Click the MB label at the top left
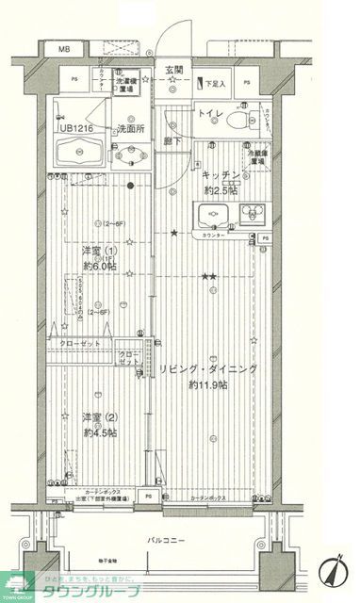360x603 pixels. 64,49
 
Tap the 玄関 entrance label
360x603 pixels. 174,70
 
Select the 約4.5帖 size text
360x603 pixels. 99,432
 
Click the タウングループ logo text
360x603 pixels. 98,591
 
